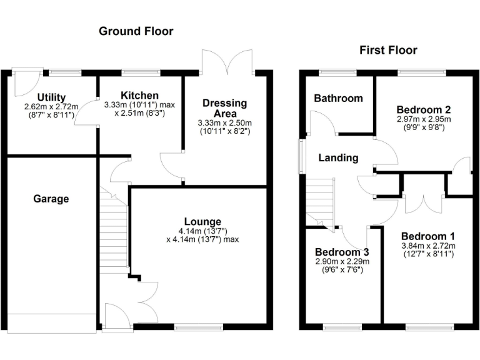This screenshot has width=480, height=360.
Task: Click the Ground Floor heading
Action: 136,31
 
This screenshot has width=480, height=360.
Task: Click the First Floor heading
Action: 388,50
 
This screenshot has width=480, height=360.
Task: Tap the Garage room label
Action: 51,199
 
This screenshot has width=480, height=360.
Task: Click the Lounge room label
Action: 202,221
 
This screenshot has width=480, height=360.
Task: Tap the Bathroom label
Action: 338,98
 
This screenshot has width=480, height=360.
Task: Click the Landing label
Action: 338,157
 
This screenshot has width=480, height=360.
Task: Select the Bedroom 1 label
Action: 427,236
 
